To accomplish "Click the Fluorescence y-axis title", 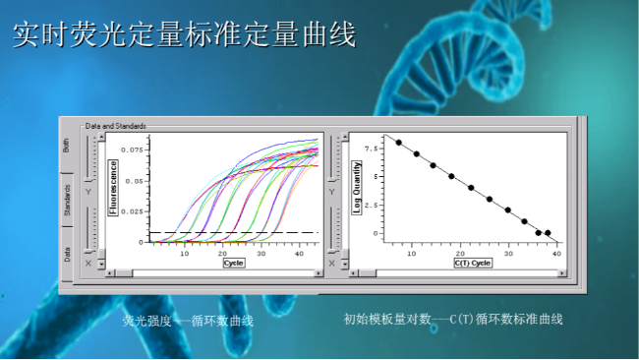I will (x=113, y=188).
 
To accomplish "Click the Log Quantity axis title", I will (x=357, y=188).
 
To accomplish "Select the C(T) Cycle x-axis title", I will (x=472, y=263).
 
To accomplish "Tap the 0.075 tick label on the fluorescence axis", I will (x=132, y=150).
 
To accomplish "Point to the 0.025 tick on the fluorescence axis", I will (x=132, y=211).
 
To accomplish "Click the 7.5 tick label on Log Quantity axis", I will (x=371, y=149).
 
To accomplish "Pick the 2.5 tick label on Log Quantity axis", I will (x=371, y=206).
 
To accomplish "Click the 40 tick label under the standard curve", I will (x=556, y=254).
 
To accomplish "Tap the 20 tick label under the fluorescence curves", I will (x=222, y=254).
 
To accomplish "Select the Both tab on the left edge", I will (x=67, y=145).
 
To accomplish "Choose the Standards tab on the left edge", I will (x=67, y=201).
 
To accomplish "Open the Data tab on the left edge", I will (x=67, y=254).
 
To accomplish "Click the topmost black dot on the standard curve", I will (x=399, y=143).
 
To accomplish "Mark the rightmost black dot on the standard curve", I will (x=548, y=233).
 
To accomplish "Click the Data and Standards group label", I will (x=116, y=126).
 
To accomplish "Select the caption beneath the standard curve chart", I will (x=453, y=321).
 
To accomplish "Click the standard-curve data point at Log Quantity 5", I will (x=451, y=177).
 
